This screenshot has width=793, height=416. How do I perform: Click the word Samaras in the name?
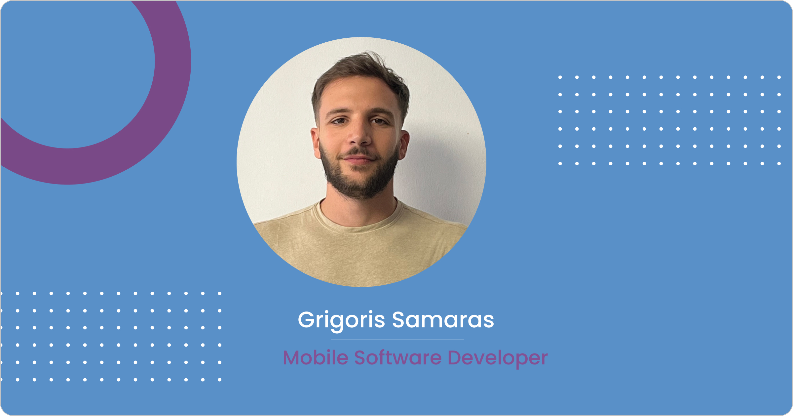coord(443,320)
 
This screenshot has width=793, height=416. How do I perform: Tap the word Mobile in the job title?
coord(316,357)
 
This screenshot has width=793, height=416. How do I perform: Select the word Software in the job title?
coord(398,357)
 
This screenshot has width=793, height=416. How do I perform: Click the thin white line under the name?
coord(397,340)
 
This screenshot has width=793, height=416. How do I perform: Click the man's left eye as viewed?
coord(339,121)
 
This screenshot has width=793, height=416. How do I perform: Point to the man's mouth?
coord(359,159)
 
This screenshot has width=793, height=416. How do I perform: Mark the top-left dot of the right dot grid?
coord(560,77)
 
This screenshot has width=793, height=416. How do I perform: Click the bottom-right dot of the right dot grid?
coord(779,163)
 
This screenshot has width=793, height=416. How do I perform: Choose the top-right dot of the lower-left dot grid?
coord(219,293)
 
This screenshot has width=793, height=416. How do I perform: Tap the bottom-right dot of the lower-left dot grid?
coord(219,380)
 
